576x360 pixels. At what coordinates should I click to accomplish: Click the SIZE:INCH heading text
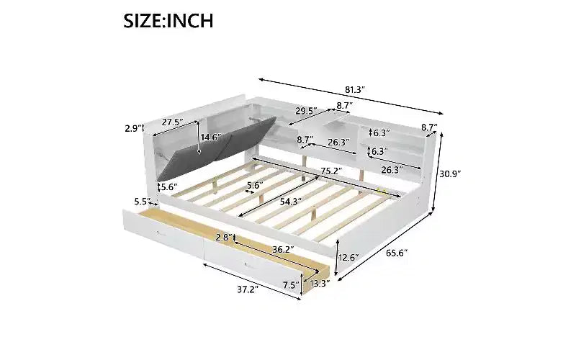coord(168,21)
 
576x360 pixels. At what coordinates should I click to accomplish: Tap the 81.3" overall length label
coord(355,89)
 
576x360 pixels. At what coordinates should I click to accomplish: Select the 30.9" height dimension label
coord(451,174)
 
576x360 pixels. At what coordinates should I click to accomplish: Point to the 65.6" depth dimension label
coord(397,253)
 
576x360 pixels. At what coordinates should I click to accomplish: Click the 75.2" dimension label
coord(331,171)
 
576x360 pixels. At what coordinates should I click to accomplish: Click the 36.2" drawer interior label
coord(283,249)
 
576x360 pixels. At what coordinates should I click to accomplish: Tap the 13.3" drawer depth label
coord(320,283)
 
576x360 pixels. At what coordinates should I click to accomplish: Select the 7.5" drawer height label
coord(292,285)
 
